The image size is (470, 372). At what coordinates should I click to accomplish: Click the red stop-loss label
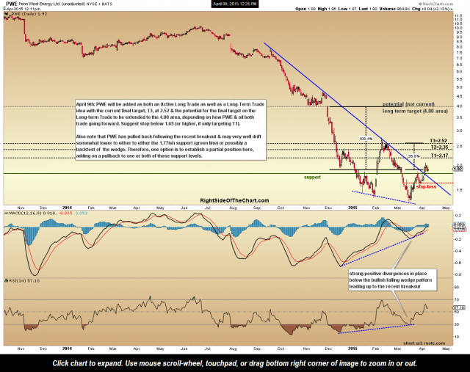coord(426,186)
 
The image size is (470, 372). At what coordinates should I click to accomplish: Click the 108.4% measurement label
coord(366,137)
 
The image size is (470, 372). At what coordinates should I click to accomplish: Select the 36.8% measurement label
coord(413,156)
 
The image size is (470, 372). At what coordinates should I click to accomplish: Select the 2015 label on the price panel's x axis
coord(352,207)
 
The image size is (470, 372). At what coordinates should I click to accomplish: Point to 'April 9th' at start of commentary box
coord(86,106)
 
